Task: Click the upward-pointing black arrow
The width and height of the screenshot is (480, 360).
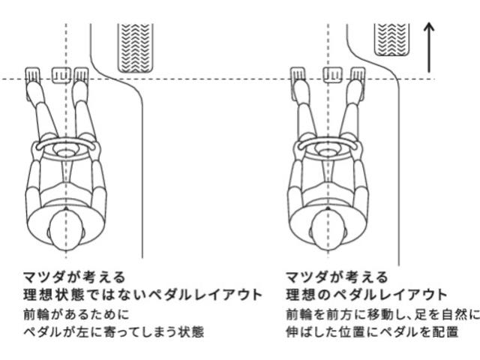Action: (x=429, y=47)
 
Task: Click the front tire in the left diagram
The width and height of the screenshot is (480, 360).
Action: (x=136, y=48)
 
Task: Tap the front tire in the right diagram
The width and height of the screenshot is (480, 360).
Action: (x=391, y=40)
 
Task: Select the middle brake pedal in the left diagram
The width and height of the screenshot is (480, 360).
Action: (x=61, y=75)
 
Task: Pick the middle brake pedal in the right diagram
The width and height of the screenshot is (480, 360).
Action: (x=333, y=75)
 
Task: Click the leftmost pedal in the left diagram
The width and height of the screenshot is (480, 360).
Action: (x=33, y=74)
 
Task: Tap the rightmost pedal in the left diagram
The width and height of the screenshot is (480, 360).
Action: (x=82, y=74)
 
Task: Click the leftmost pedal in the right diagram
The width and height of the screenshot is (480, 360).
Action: (x=298, y=74)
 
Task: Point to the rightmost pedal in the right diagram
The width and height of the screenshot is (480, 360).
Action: (x=358, y=74)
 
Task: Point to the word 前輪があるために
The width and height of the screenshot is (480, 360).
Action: (x=76, y=315)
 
